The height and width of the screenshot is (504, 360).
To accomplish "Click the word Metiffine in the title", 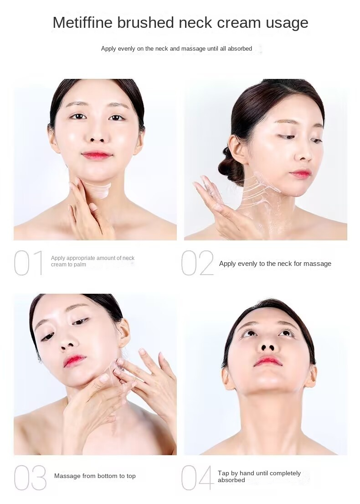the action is pos(82,22).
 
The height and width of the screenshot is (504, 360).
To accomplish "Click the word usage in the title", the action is pos(287,23).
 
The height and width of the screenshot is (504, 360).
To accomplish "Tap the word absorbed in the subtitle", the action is pos(240,48).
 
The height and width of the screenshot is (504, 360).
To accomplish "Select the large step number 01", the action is pos(28,263).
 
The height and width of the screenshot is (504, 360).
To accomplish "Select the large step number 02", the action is pos(197,263).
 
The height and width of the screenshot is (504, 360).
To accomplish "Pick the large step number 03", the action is pos(30,478).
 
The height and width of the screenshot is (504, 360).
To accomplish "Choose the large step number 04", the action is pos(197,478).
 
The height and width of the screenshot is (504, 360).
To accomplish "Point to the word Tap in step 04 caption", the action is pos(223,473).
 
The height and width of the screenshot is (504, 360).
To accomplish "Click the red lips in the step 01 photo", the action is pos(97,156).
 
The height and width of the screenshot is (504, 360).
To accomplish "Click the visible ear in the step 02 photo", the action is pos(237,149).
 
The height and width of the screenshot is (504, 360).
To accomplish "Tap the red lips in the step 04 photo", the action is pos(268,362).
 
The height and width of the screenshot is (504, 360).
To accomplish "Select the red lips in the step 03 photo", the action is pos(74,361).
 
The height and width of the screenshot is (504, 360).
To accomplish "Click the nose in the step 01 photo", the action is pos(98,135).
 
